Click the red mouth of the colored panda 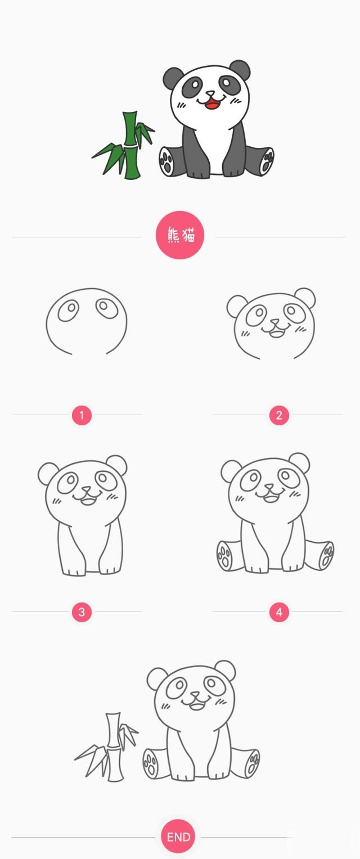[211, 103]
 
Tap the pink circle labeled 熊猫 [180, 235]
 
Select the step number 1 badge [82, 416]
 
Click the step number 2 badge [279, 416]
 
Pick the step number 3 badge [82, 612]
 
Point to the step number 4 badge [279, 612]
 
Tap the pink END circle [178, 836]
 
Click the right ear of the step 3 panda [117, 465]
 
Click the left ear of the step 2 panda [236, 306]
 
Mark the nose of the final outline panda [194, 695]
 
